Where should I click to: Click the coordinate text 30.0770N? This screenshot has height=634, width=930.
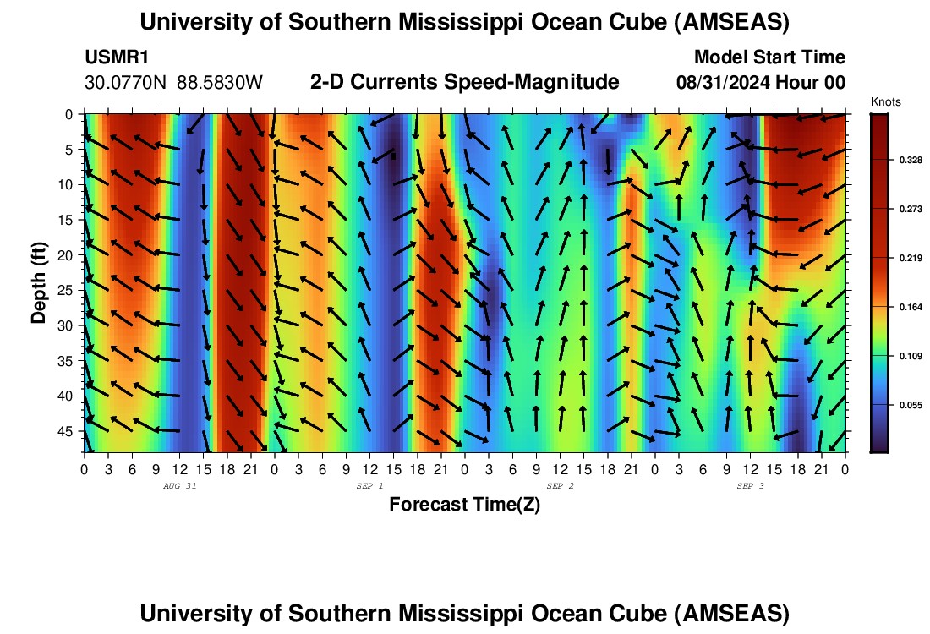[127, 83]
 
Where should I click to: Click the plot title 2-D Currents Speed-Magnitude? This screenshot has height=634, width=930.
[465, 82]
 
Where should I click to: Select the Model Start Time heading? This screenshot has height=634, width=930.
[769, 57]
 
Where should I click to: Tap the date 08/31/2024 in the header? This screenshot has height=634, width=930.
[725, 83]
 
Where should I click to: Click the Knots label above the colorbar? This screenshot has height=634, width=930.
[885, 101]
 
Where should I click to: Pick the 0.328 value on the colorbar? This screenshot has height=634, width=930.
[899, 159]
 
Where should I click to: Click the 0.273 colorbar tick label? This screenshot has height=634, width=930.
[899, 208]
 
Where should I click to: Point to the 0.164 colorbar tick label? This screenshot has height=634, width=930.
[899, 307]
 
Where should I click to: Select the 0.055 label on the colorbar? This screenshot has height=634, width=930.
[899, 406]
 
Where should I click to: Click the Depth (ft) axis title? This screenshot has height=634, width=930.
[39, 283]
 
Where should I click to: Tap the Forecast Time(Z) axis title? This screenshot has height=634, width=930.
[464, 505]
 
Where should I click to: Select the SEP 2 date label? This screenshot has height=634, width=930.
[560, 486]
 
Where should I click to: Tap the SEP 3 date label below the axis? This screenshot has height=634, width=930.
[750, 486]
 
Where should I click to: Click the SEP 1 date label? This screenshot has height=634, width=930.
[369, 486]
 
